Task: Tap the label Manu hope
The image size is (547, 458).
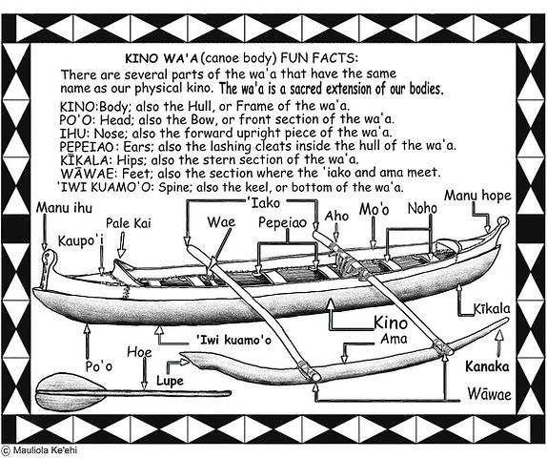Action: [x=477, y=197]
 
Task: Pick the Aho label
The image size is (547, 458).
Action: [x=336, y=216]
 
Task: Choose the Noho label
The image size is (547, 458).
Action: [x=421, y=208]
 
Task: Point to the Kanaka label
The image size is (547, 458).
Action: [x=487, y=365]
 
